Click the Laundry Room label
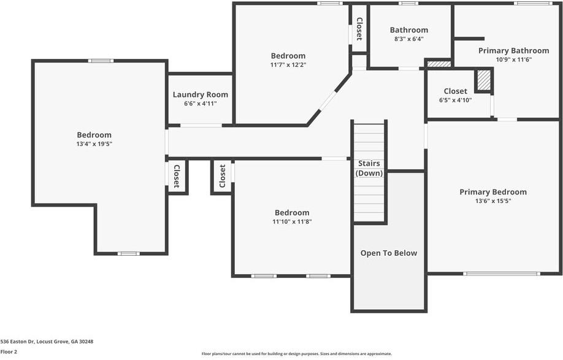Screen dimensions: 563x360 tap(201, 95)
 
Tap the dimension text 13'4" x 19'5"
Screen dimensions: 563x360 tap(94, 144)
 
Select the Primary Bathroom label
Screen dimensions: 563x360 tap(513, 51)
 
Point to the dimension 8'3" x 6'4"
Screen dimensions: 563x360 tap(409, 39)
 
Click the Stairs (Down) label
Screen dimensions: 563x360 tap(369, 168)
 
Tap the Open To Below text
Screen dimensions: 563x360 tap(389, 253)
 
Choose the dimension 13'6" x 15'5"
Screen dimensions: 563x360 tap(493, 201)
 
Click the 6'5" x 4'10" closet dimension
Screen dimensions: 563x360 tap(455, 100)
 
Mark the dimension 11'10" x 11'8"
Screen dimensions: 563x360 tap(292, 222)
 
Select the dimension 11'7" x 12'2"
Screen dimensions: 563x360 tap(288, 65)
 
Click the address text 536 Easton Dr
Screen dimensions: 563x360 tap(17, 342)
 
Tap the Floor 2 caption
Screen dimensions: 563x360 tap(9, 352)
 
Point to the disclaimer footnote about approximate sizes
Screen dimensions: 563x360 tap(297, 354)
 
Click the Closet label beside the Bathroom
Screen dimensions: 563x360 tap(359, 29)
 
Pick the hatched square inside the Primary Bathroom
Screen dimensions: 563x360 tap(484, 81)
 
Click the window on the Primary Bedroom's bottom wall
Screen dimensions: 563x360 tap(501, 274)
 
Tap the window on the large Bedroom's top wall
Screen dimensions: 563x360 tap(101, 61)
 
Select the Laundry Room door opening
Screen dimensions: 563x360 tap(201, 125)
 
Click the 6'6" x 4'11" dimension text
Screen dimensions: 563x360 tap(201, 104)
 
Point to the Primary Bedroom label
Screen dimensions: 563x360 tap(493, 192)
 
